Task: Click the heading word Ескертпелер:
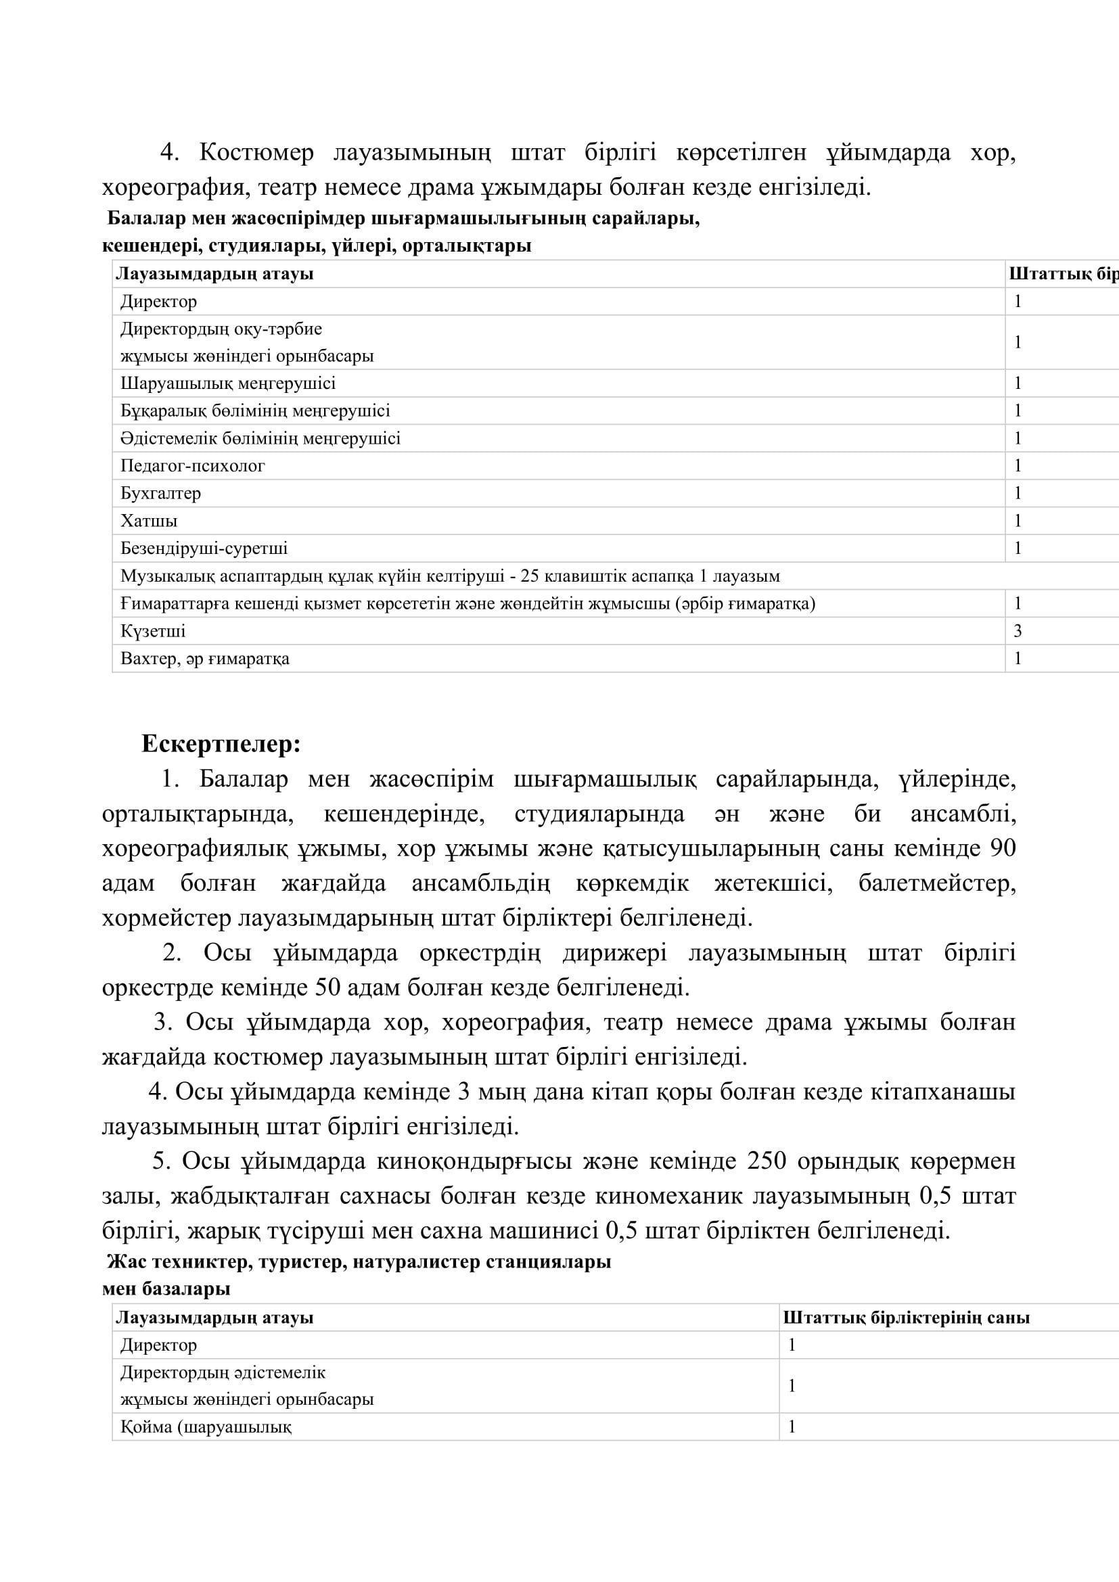click(x=221, y=744)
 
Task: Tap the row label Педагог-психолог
click(x=192, y=466)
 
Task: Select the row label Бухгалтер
click(x=160, y=493)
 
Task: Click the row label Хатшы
click(x=149, y=521)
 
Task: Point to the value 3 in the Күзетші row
click(x=1018, y=631)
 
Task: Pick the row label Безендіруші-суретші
click(x=204, y=549)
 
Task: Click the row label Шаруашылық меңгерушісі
click(x=228, y=383)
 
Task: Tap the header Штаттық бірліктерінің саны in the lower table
click(x=906, y=1318)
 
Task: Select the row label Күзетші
click(x=153, y=631)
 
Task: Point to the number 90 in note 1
click(x=1003, y=848)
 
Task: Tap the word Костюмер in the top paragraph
click(x=256, y=153)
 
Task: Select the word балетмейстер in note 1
click(x=937, y=883)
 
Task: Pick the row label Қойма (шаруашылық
click(x=206, y=1427)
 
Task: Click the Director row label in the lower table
click(x=158, y=1345)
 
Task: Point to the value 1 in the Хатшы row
click(x=1018, y=521)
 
